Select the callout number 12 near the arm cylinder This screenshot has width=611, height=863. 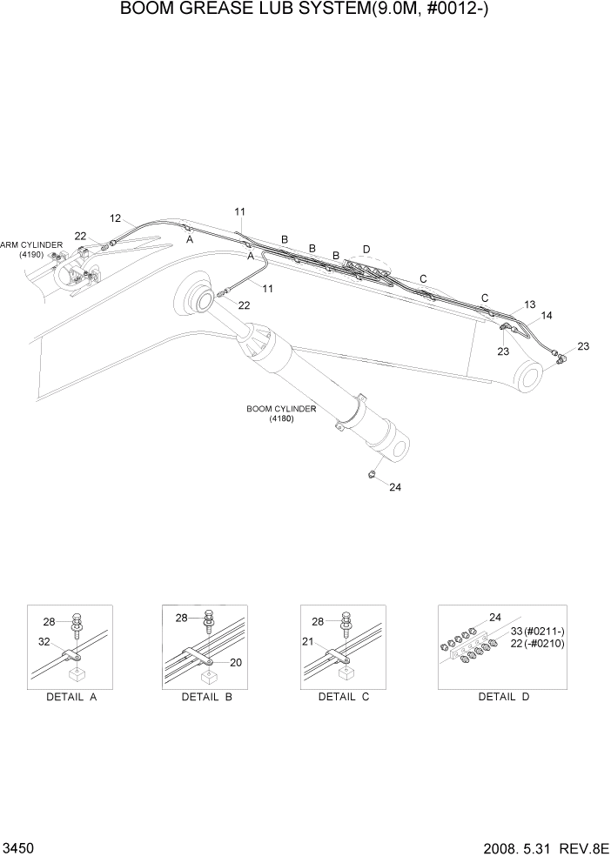pyautogui.click(x=116, y=217)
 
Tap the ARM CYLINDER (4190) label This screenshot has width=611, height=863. pyautogui.click(x=31, y=250)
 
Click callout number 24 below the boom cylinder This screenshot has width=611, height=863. pyautogui.click(x=394, y=487)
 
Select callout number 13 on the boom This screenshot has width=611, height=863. pyautogui.click(x=530, y=304)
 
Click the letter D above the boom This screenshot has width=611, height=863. pyautogui.click(x=366, y=250)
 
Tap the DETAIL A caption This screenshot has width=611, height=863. pyautogui.click(x=70, y=697)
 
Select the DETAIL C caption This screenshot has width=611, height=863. pyautogui.click(x=344, y=697)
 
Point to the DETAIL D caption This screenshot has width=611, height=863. pyautogui.click(x=503, y=697)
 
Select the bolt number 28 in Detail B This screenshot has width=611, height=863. pyautogui.click(x=182, y=618)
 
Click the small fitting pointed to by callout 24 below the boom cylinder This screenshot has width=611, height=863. pyautogui.click(x=372, y=474)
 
